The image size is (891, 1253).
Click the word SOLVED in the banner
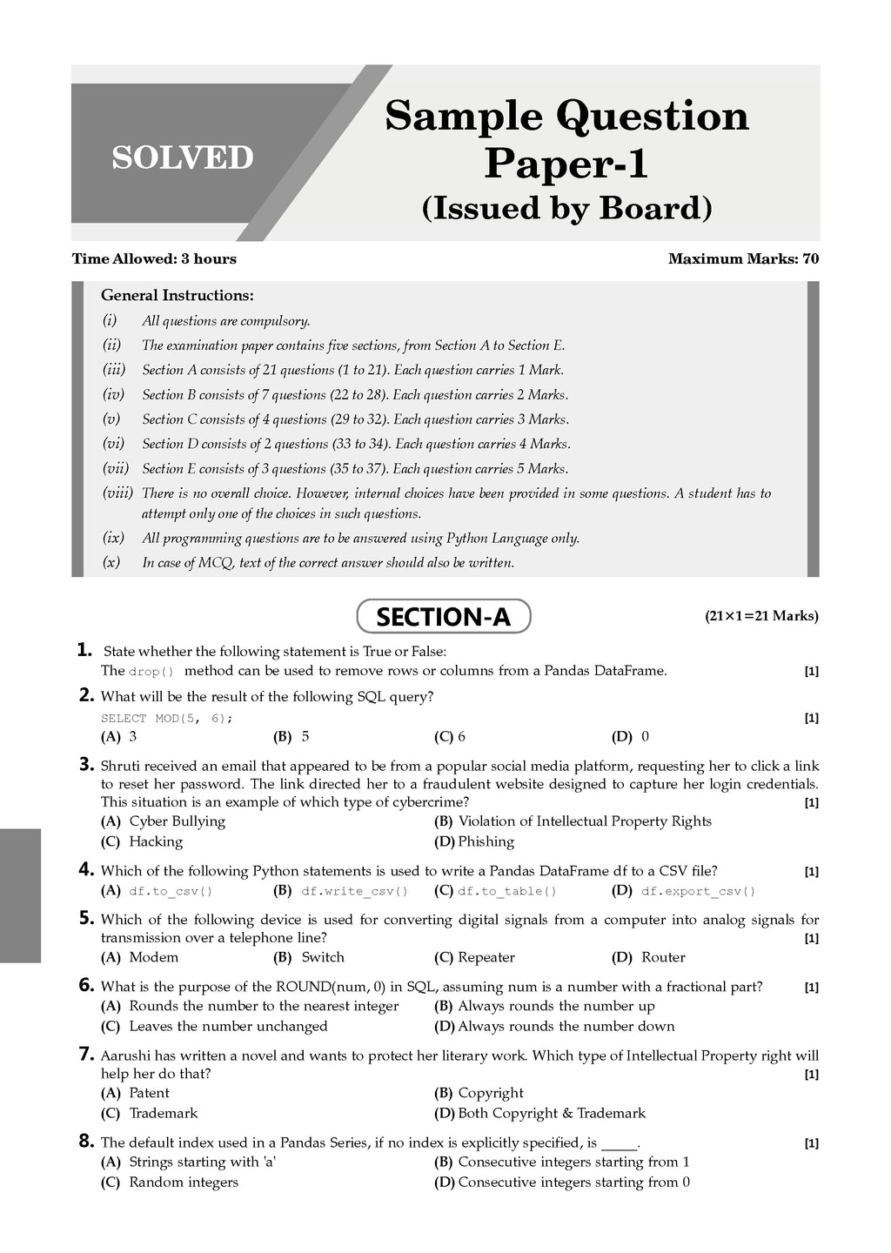(183, 157)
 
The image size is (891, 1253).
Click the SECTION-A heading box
(443, 617)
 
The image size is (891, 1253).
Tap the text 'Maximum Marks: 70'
(743, 258)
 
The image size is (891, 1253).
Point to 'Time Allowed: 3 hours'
(154, 258)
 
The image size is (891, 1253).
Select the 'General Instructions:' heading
(178, 296)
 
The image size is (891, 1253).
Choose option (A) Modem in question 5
(141, 957)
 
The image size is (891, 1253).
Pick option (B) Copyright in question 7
(479, 1093)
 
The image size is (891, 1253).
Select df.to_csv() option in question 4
(157, 891)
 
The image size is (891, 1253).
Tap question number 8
(85, 1142)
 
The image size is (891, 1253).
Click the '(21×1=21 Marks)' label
(760, 616)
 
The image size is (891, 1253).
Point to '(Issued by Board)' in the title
(566, 209)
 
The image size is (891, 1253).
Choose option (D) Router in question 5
(648, 957)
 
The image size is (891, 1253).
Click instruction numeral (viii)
(117, 493)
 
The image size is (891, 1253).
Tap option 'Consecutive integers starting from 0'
(562, 1182)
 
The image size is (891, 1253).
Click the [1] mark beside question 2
(811, 719)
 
